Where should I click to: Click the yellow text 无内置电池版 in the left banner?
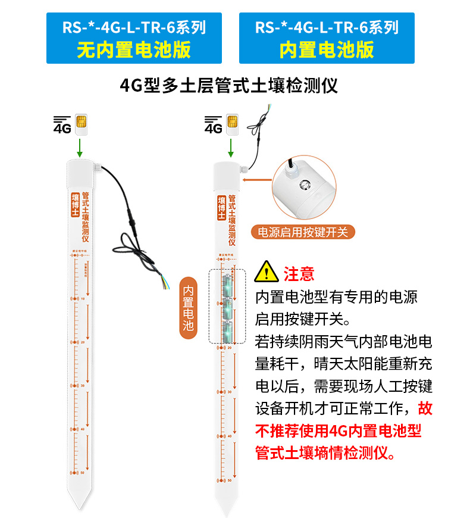pos(134,49)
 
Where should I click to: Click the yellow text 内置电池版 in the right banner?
pos(327,49)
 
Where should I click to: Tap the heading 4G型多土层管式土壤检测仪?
pos(229,85)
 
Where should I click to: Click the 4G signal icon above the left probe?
pos(62,124)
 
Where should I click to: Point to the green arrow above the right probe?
pos(231,146)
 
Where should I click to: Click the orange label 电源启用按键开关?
pos(302,232)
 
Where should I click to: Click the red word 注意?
pos(299,273)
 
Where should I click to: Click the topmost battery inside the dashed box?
pos(227,286)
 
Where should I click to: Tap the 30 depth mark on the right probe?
pos(230,392)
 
